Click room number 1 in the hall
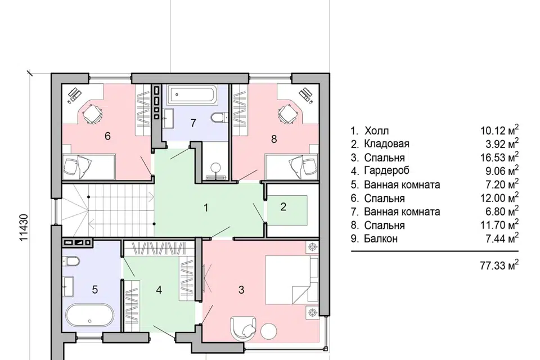point(206,208)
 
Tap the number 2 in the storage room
point(283,206)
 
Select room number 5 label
point(95,289)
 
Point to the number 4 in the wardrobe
point(159,290)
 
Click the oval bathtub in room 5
point(89,315)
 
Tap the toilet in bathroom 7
point(219,118)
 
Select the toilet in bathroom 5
point(71,261)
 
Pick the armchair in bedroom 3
point(243,328)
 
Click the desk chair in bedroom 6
point(92,113)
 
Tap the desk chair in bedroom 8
point(287,112)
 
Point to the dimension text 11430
point(24,228)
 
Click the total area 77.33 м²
point(499,265)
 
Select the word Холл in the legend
point(377,131)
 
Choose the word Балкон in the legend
point(381,238)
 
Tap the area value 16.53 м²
point(499,157)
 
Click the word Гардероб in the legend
point(387,170)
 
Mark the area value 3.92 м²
point(502,143)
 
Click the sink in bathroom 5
point(68,286)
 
